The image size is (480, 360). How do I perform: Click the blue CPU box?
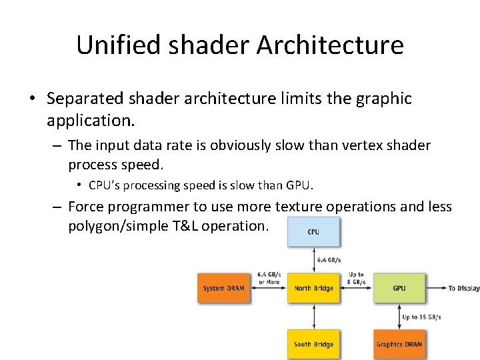coord(313,232)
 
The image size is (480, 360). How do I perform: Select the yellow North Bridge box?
coord(313,288)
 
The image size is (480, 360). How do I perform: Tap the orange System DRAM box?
coord(223,288)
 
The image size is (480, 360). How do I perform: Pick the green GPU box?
coord(399,288)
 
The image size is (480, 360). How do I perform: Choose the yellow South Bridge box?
coord(313,344)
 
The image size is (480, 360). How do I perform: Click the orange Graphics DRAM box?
coord(399,344)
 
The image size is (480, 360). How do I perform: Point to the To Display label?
coord(463,288)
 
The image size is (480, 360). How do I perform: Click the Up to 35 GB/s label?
coord(421,317)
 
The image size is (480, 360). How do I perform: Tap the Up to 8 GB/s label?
coord(356,278)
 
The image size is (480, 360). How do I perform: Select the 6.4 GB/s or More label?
coord(269,278)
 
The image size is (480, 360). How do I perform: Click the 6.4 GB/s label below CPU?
coord(329,260)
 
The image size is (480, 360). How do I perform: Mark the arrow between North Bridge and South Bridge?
coord(313,316)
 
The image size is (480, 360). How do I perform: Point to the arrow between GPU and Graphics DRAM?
coord(399,316)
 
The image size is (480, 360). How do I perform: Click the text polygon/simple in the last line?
coord(119,226)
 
